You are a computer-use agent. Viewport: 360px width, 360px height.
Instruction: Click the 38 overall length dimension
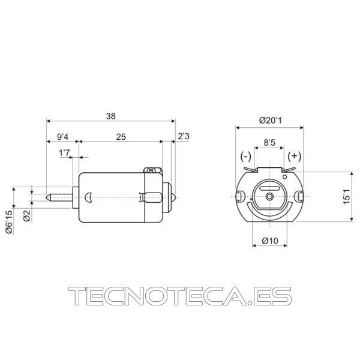pyautogui.click(x=110, y=116)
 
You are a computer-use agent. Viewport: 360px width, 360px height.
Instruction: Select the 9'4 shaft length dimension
pyautogui.click(x=62, y=137)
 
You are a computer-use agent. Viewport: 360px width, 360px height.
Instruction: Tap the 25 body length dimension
pyautogui.click(x=121, y=137)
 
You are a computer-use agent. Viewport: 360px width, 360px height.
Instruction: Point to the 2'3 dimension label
pyautogui.click(x=184, y=136)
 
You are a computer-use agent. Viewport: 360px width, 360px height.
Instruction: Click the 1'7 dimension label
pyautogui.click(x=64, y=152)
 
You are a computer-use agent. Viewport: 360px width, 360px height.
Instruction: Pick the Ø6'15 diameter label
pyautogui.click(x=10, y=222)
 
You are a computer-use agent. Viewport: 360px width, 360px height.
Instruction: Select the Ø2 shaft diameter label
pyautogui.click(x=27, y=215)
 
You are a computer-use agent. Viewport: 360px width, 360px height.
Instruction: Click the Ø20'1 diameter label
pyautogui.click(x=271, y=120)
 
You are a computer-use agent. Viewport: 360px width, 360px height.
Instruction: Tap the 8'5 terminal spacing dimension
pyautogui.click(x=269, y=143)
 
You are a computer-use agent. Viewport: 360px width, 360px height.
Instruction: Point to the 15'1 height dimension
pyautogui.click(x=346, y=197)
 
